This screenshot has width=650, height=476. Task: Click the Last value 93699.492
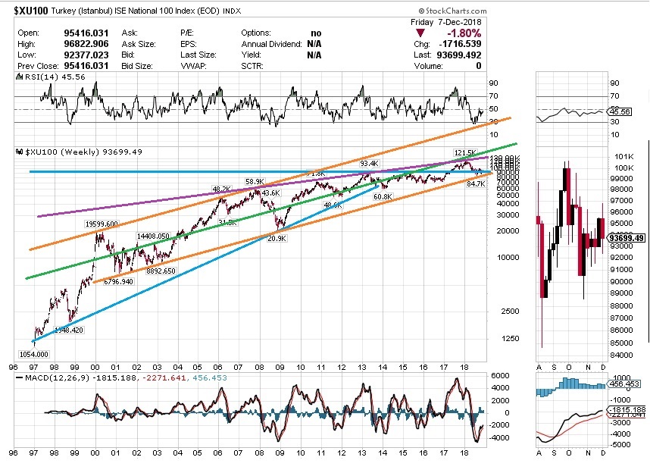pyautogui.click(x=459, y=55)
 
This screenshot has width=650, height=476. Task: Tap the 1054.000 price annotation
pyautogui.click(x=33, y=354)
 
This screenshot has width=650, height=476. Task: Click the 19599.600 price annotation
pyautogui.click(x=101, y=224)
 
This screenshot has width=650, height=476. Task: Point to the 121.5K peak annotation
pyautogui.click(x=465, y=153)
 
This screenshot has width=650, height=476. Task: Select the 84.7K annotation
pyautogui.click(x=475, y=183)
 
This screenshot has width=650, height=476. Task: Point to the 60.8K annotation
pyautogui.click(x=383, y=196)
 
